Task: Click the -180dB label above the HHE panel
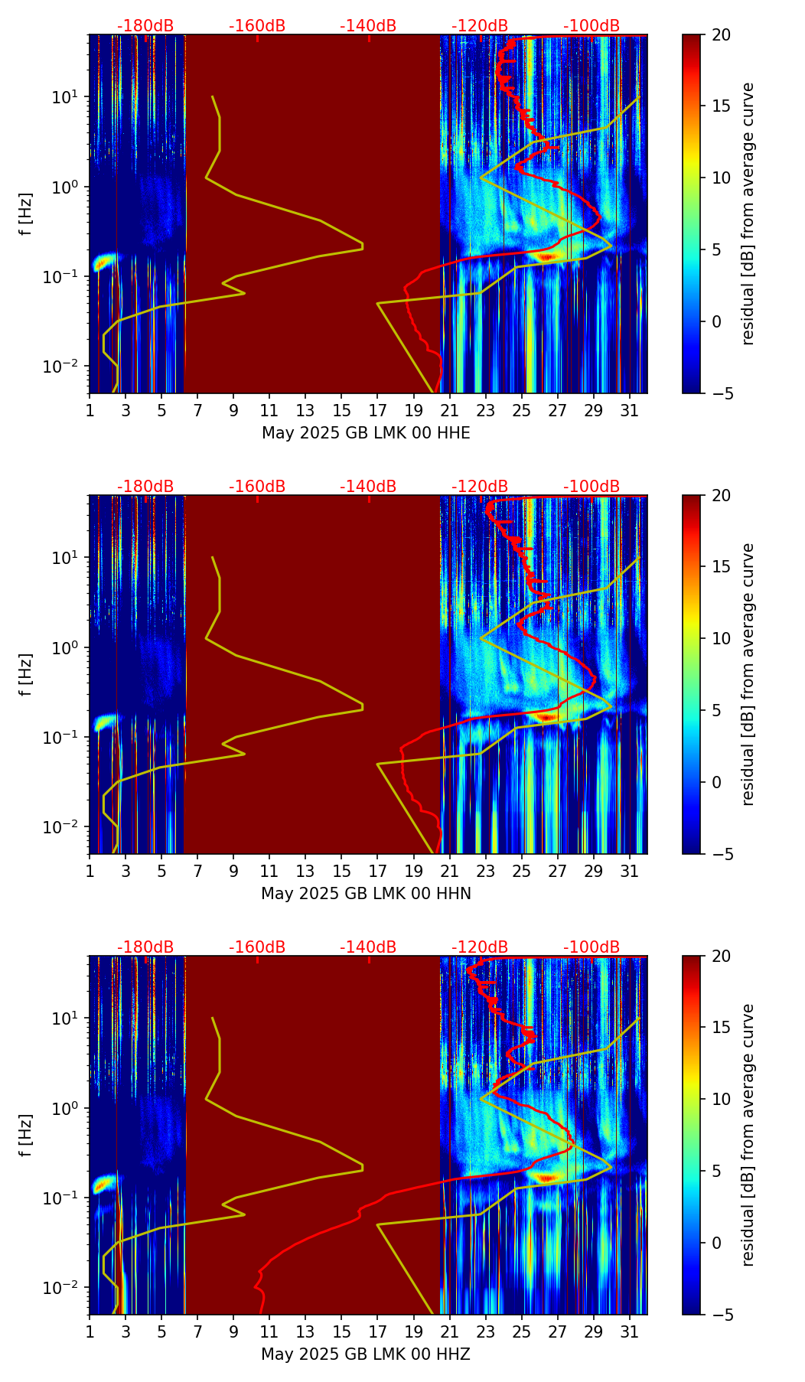click(x=145, y=26)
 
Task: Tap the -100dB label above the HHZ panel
click(x=592, y=947)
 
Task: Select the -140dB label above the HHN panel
click(x=368, y=487)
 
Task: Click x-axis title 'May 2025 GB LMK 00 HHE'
click(x=366, y=433)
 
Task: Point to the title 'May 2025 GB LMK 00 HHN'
click(x=366, y=894)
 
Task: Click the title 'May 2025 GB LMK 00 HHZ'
click(x=366, y=1354)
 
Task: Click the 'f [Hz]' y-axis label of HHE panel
click(x=26, y=213)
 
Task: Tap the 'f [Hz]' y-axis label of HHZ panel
click(x=26, y=1135)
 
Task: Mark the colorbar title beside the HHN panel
click(x=748, y=674)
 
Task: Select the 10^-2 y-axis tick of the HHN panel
click(x=65, y=827)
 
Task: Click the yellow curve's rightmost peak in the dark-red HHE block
click(x=362, y=246)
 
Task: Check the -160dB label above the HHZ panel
click(x=257, y=947)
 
